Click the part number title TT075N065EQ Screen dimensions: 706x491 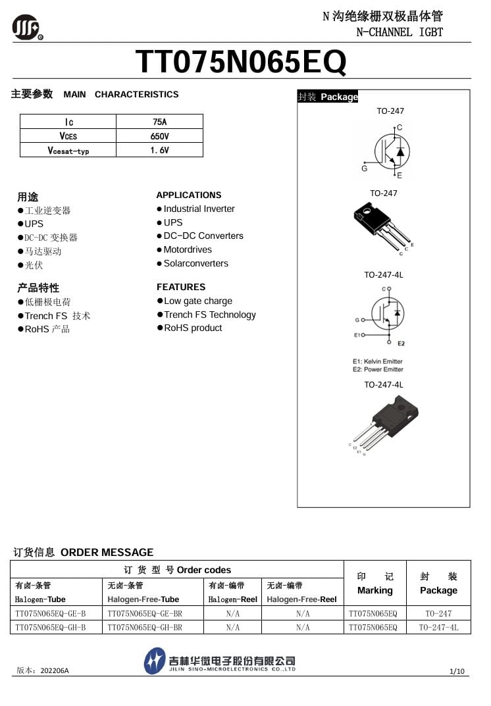coord(240,63)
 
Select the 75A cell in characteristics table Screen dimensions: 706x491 coord(159,122)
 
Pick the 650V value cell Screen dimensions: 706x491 coord(159,136)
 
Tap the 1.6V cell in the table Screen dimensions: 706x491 coord(159,150)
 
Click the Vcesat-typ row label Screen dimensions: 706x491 coord(68,150)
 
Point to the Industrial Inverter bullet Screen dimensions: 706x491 coord(199,209)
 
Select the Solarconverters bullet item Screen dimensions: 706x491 coord(195,263)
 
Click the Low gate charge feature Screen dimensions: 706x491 coord(197,301)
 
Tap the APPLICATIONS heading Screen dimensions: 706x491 coord(188,195)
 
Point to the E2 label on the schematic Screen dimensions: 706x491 coord(401,344)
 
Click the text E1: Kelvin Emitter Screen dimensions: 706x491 coord(377,361)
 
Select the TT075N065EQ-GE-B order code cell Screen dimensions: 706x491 coord(50,613)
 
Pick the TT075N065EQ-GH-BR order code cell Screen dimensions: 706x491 coord(144,628)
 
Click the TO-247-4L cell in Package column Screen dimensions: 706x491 coord(438,628)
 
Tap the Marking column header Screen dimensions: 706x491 coord(375,584)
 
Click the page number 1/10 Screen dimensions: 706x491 coord(457,671)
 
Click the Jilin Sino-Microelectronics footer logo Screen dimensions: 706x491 coord(220,661)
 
